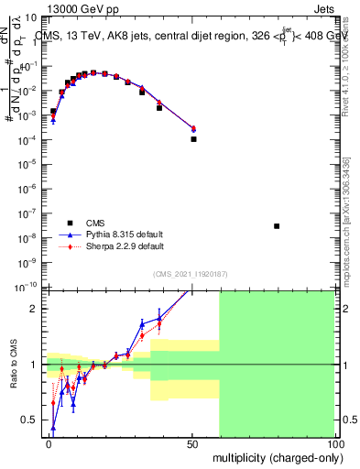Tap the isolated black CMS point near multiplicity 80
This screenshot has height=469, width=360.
pos(277,225)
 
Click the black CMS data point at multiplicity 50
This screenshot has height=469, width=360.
pos(193,139)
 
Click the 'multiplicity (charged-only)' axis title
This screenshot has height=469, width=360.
pos(274,456)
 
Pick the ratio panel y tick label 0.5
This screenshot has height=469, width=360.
pos(33,420)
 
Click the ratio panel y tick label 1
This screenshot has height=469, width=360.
pos(37,365)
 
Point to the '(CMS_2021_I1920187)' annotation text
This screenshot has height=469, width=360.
pos(190,275)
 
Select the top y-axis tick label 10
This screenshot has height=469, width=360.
pos(29,16)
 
